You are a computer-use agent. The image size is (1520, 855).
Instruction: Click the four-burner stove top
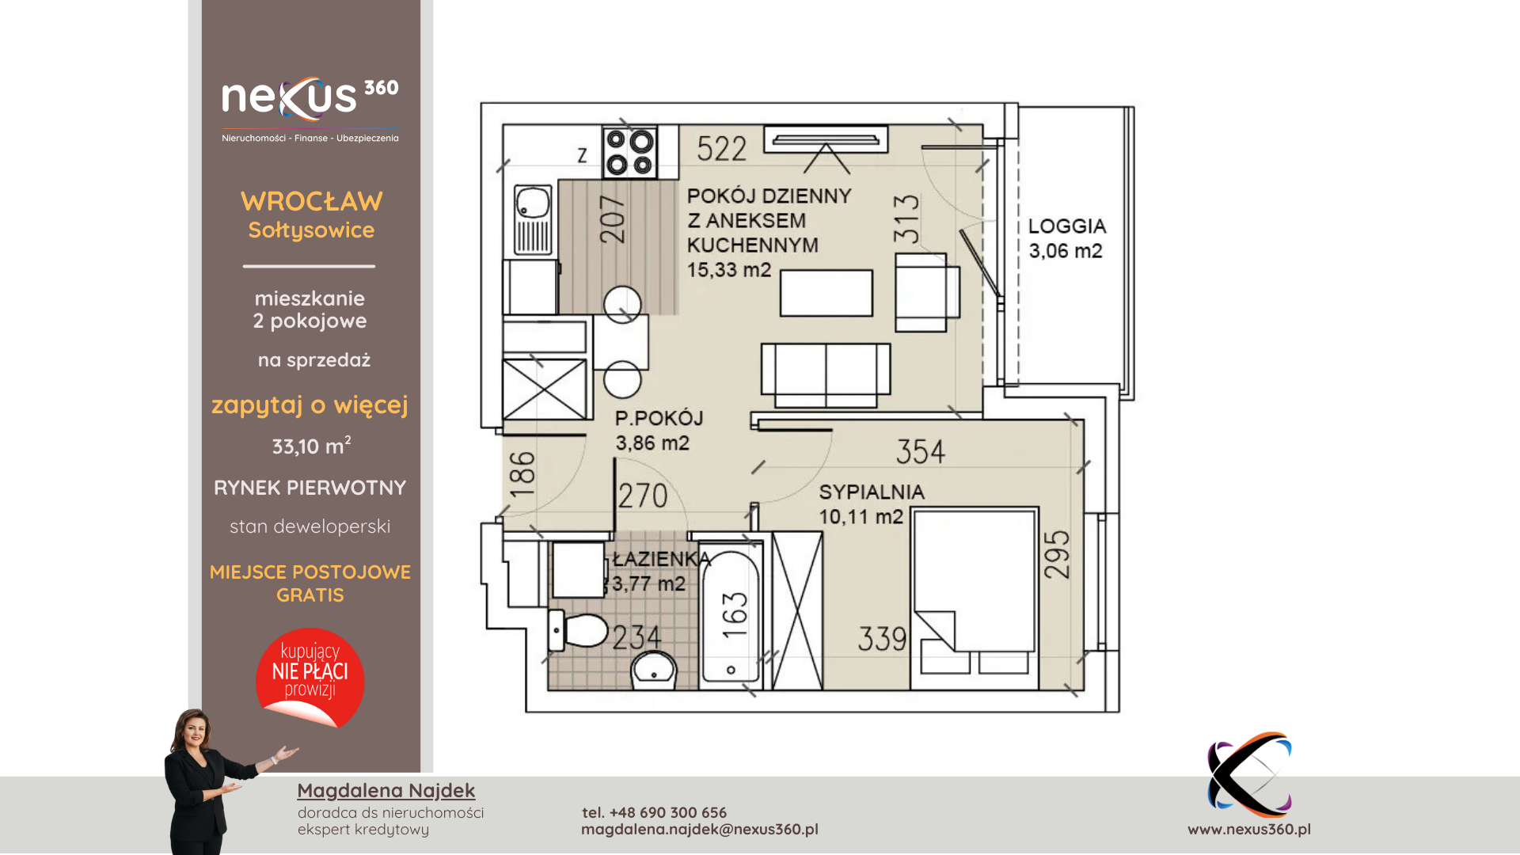[629, 153]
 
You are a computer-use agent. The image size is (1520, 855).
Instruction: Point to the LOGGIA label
[1066, 226]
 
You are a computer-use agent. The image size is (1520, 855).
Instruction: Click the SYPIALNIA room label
[872, 492]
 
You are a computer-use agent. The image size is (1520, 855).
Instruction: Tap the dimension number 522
[721, 149]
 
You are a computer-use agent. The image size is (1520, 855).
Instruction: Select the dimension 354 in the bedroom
[921, 452]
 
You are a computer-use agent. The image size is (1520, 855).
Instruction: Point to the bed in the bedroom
[975, 598]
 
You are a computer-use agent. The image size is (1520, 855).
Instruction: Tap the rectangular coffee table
[826, 293]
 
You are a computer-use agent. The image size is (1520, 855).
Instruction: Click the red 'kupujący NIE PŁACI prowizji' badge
[310, 678]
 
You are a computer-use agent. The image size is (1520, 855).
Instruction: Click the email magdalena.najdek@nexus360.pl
[700, 829]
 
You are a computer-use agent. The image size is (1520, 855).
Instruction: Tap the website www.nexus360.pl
[1249, 829]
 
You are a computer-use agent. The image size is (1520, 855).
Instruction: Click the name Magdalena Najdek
[386, 790]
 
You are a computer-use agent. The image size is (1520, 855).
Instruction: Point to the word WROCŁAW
[311, 201]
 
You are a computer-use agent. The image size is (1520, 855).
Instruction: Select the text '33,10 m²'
[311, 446]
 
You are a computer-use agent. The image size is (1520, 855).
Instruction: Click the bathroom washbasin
[654, 671]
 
